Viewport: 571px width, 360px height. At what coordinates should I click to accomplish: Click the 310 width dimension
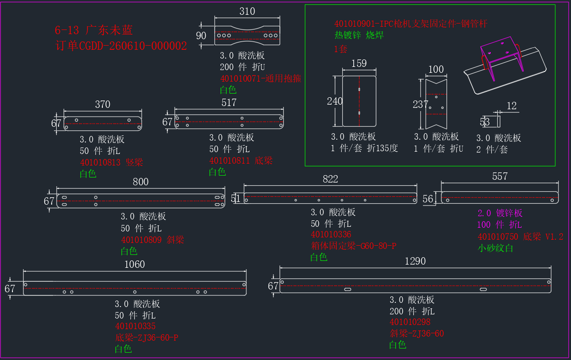247,11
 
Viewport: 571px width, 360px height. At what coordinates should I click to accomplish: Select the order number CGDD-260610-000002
133,46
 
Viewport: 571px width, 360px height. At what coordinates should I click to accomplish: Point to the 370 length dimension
102,104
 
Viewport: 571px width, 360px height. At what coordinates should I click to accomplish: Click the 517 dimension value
229,102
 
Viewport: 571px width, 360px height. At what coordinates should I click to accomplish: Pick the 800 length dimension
141,182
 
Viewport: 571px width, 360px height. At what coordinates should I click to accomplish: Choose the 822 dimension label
330,179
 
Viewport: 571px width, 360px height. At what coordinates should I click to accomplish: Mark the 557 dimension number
500,176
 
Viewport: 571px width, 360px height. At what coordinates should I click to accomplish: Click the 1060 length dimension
135,264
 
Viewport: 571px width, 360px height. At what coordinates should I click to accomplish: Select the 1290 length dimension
415,261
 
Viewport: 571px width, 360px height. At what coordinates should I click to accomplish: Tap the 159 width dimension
359,63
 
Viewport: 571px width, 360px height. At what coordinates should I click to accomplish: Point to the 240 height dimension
335,101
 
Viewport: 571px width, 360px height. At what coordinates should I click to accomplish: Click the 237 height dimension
420,104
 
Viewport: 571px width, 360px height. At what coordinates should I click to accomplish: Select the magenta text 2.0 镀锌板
500,213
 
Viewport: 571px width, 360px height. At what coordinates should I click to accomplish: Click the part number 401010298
410,322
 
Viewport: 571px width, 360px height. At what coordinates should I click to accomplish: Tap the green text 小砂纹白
495,248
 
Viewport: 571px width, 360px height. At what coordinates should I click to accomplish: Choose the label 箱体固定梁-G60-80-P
354,246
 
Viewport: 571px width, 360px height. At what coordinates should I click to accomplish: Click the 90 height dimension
201,35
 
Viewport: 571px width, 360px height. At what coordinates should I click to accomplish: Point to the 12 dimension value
512,106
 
